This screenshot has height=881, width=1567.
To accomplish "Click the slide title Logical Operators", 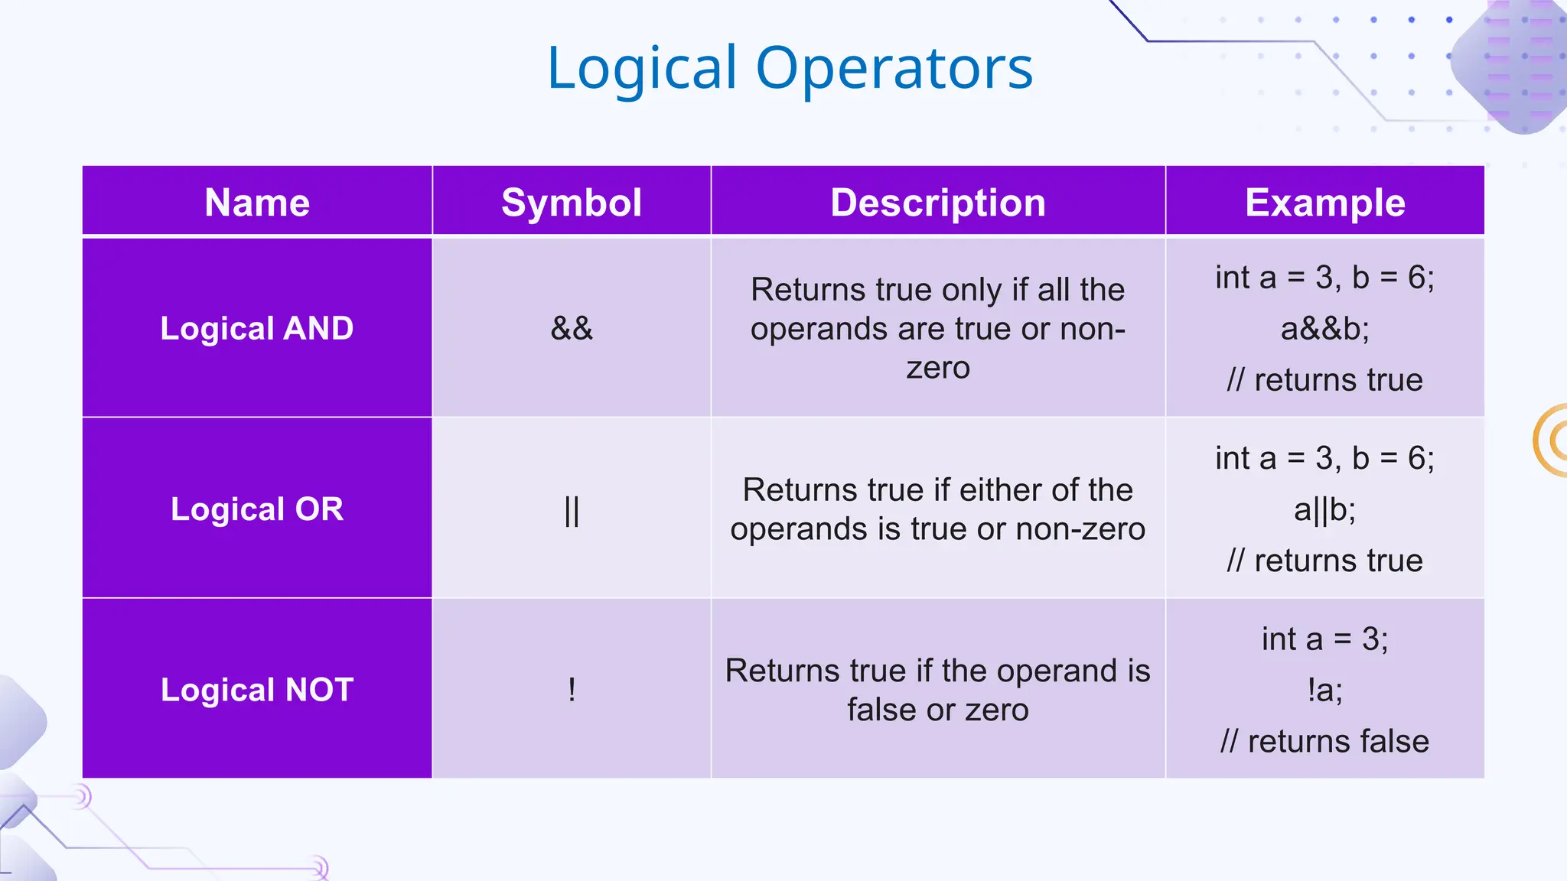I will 790,68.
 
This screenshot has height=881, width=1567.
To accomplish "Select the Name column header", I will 257,203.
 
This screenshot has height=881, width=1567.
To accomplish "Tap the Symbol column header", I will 572,203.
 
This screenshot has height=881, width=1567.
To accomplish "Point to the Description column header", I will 938,203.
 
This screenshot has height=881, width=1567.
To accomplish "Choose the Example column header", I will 1325,203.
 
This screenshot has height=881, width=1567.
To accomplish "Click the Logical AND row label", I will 257,328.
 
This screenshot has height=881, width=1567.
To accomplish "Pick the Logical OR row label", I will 257,509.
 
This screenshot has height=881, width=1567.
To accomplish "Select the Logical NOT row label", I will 257,689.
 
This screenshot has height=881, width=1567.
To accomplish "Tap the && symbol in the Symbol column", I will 572,328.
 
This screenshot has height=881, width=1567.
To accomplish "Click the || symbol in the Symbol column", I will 572,510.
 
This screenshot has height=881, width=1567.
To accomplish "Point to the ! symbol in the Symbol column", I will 572,690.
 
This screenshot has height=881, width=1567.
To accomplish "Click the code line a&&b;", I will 1325,329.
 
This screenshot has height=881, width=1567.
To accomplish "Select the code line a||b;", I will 1325,509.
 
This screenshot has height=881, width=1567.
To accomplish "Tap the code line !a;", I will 1325,690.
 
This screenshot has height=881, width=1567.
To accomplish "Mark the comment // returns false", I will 1325,741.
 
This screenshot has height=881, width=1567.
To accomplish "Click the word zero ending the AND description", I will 938,368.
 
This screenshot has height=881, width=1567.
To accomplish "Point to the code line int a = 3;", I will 1325,639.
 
